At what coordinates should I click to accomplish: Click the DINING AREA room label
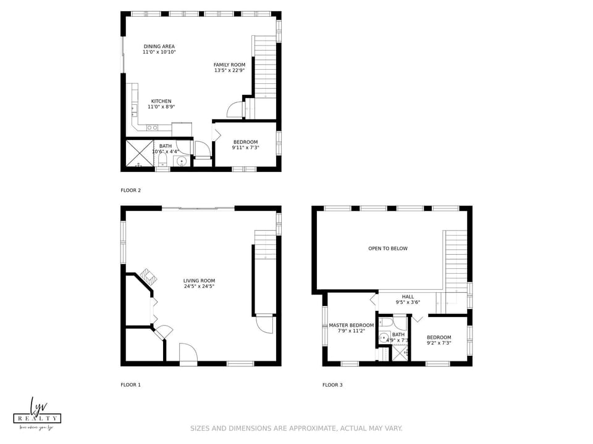[159, 46]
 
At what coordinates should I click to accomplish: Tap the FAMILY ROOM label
[229, 65]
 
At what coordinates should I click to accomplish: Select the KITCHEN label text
[161, 101]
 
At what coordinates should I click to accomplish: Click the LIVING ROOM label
[199, 281]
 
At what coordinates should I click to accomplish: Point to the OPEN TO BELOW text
[388, 249]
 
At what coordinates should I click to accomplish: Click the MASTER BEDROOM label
[351, 325]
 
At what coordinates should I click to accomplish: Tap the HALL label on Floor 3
[408, 297]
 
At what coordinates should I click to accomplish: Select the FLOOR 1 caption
[130, 385]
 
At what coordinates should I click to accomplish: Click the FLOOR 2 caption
[130, 191]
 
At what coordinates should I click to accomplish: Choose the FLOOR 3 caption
[332, 385]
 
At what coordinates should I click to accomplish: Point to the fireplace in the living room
[146, 276]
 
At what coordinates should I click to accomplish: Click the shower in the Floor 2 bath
[140, 154]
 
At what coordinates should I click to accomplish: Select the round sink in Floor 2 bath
[182, 162]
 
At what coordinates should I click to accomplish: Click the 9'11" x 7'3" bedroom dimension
[245, 147]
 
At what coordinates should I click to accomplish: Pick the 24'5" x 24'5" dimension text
[199, 286]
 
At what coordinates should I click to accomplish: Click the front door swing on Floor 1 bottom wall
[188, 353]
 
